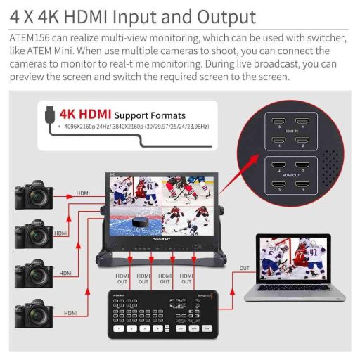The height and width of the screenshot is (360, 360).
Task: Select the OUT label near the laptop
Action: (x=243, y=268)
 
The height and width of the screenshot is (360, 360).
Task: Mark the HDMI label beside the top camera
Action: (x=83, y=193)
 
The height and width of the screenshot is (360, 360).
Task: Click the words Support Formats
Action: (x=150, y=115)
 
